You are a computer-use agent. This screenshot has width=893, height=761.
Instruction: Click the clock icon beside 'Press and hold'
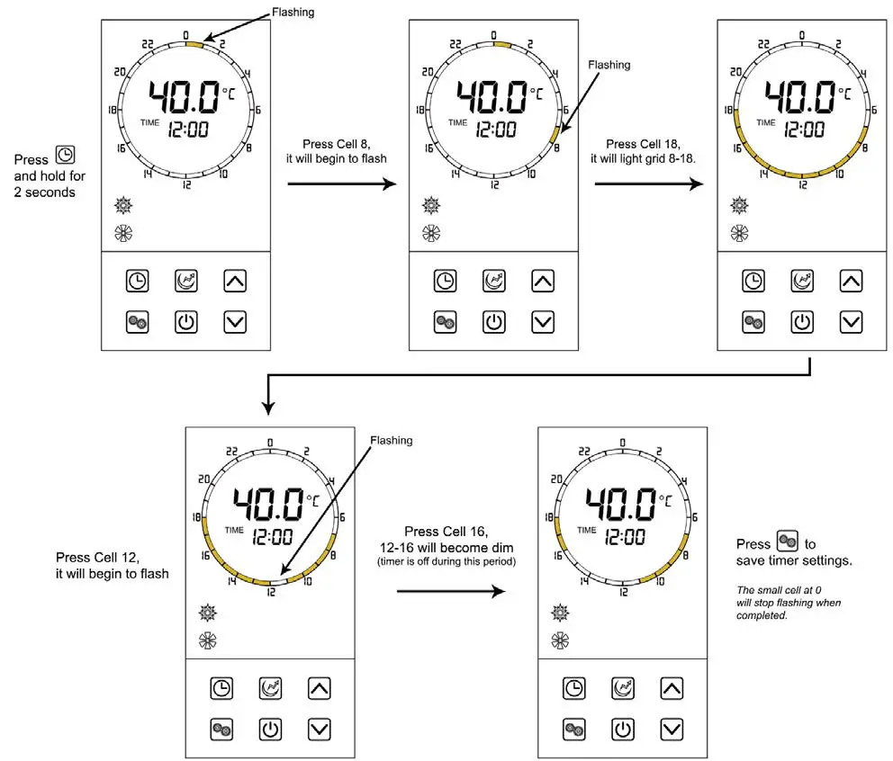tap(66, 155)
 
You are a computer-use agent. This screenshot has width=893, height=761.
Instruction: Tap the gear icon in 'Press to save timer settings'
tap(787, 542)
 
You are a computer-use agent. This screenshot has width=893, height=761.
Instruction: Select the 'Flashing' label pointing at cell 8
tap(609, 65)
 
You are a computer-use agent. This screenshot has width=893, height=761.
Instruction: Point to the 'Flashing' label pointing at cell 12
tap(391, 441)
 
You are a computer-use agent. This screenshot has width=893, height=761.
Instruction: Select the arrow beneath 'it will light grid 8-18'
tap(649, 184)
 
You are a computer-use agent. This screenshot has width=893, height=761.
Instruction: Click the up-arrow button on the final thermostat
tap(671, 689)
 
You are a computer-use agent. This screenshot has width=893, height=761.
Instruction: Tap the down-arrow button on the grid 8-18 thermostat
tap(851, 321)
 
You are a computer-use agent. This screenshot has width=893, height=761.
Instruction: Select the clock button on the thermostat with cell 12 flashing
tap(221, 690)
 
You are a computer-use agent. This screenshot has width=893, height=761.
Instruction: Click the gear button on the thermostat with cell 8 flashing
tap(445, 321)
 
